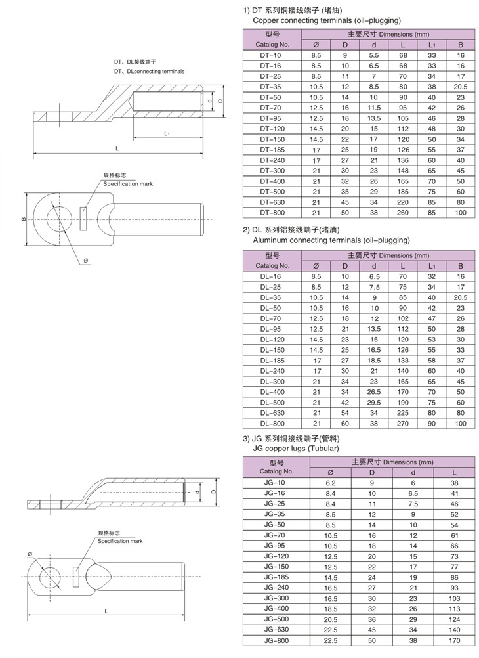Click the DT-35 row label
[270, 87]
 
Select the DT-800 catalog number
[270, 213]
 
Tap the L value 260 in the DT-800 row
[403, 213]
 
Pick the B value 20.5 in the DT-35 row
[460, 87]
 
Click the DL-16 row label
[270, 276]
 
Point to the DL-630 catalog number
[270, 413]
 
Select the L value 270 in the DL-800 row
[403, 424]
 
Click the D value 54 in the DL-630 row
[344, 413]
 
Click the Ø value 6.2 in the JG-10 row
[331, 482]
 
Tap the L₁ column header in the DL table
[432, 265]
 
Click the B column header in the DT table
[460, 45]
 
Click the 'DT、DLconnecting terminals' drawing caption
[149, 71]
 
